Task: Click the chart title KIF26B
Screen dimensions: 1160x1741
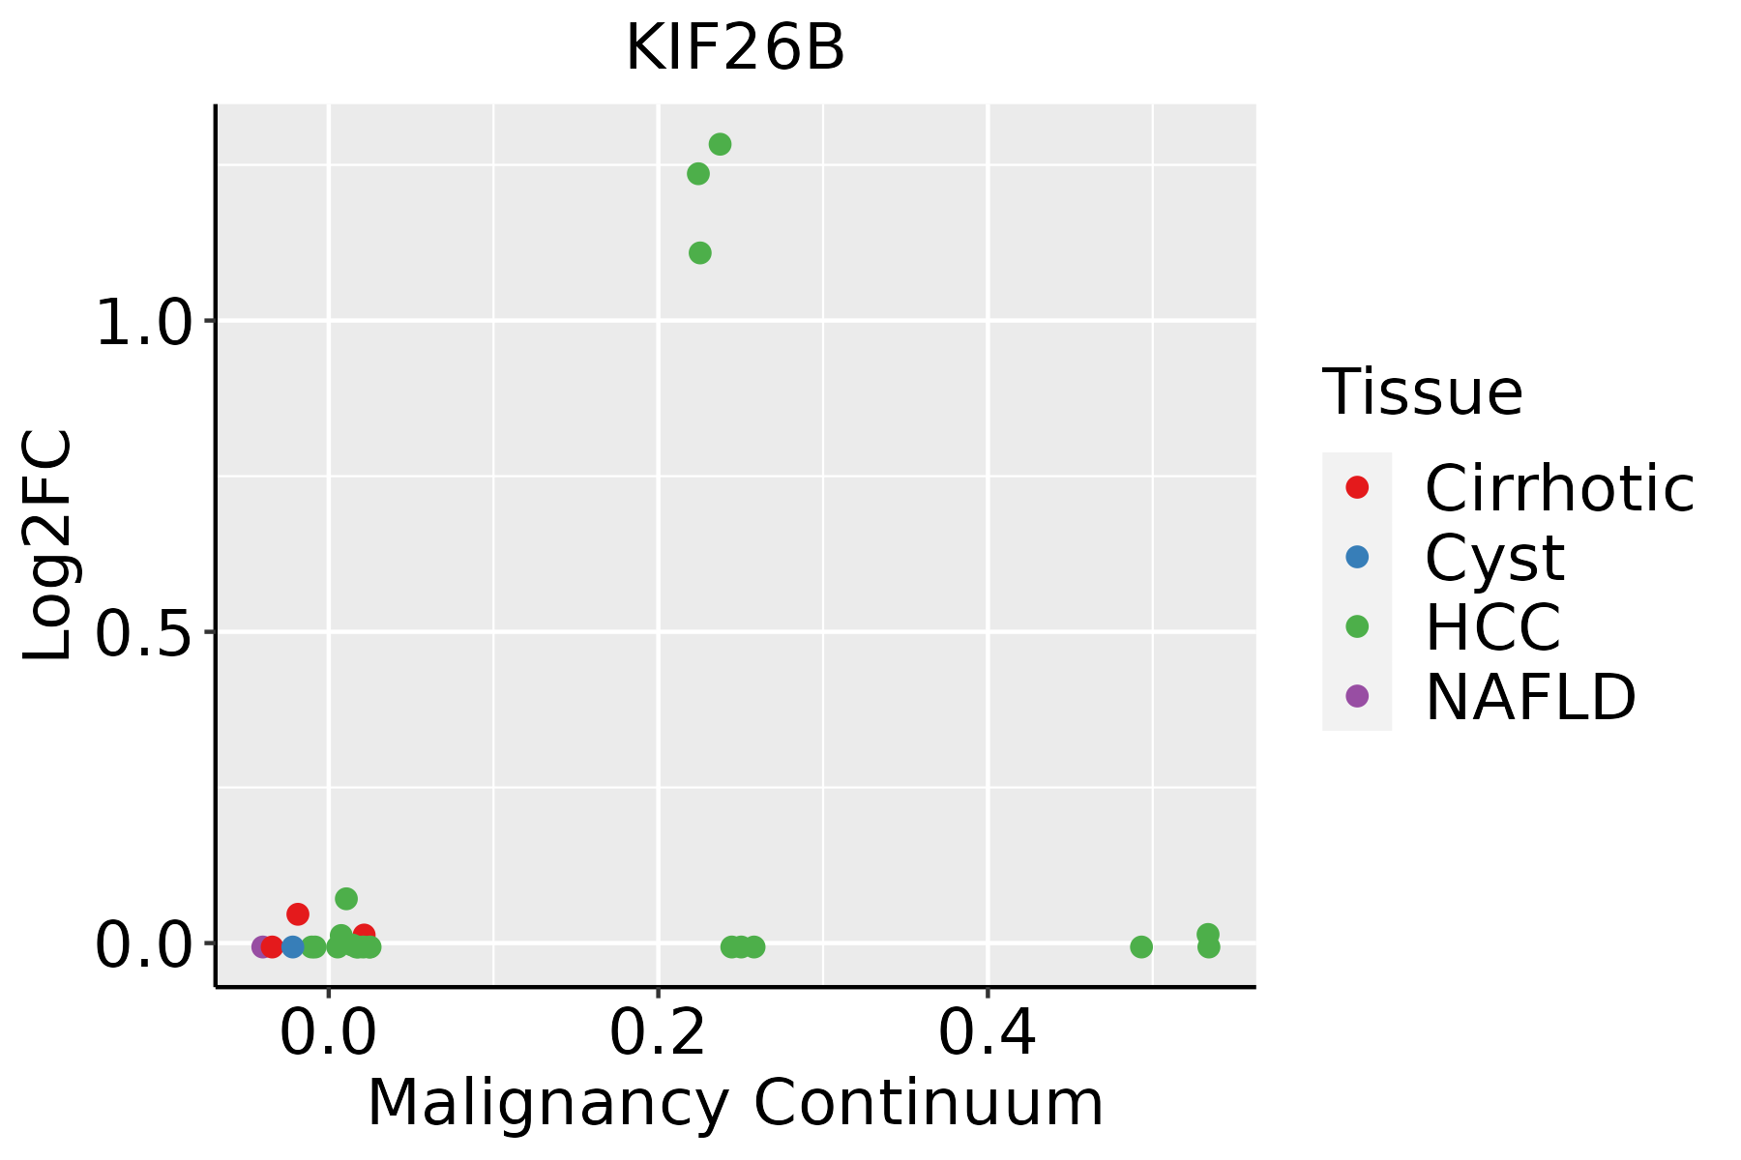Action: (735, 48)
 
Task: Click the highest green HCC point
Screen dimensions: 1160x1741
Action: (720, 144)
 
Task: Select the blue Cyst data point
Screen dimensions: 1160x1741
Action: (293, 946)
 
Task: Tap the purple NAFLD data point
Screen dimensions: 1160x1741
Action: (262, 946)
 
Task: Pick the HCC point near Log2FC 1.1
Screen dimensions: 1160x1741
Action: (700, 253)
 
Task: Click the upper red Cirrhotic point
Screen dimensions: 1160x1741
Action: (298, 913)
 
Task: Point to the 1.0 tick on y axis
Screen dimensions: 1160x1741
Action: (145, 322)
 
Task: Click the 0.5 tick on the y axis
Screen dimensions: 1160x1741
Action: (145, 633)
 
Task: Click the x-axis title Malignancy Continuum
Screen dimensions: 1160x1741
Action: (735, 1103)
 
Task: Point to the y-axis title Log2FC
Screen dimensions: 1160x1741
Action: (48, 546)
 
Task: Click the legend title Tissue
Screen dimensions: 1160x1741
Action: (1422, 392)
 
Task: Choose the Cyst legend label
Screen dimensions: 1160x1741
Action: (1494, 558)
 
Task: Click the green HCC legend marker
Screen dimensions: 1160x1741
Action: (1357, 626)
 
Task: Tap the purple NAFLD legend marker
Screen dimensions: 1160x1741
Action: (1357, 695)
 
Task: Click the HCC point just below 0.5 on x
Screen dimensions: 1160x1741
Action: (1141, 946)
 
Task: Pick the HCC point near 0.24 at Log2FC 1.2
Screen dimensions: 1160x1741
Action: (698, 174)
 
